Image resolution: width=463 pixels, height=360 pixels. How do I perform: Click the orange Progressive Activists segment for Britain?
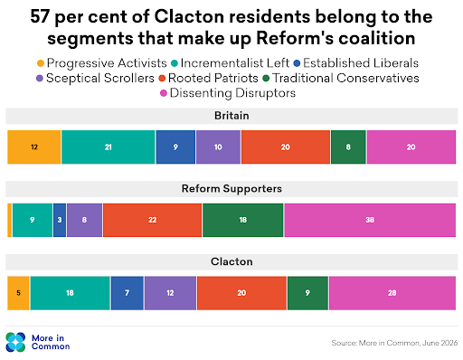point(34,147)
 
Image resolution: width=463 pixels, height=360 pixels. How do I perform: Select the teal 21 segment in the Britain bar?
point(109,147)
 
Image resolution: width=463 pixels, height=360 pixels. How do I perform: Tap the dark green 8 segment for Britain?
point(348,147)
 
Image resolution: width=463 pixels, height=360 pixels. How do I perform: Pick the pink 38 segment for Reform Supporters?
point(370,220)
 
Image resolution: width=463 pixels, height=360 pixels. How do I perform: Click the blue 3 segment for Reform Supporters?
point(60,220)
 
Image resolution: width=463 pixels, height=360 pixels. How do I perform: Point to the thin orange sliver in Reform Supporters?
point(10,220)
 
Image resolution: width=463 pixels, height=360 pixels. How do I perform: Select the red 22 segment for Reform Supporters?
point(152,220)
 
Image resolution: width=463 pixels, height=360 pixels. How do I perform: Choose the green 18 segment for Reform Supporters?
point(243,220)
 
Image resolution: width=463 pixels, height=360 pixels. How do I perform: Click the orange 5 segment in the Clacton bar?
point(18,293)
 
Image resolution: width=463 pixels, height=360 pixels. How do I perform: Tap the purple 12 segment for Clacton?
point(170,293)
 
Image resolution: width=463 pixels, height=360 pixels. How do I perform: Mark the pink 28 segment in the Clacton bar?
point(392,293)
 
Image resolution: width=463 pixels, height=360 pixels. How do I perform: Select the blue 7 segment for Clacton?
point(128,293)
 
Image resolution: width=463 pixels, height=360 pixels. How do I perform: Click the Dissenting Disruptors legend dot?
point(164,93)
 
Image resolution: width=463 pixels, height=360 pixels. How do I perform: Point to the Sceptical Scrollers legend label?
point(100,78)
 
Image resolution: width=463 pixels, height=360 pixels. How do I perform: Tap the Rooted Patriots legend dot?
point(162,79)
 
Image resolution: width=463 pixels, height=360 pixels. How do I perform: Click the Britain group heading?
point(231,116)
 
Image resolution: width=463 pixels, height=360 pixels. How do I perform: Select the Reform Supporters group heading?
point(231,189)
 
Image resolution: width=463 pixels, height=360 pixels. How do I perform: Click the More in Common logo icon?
point(15,342)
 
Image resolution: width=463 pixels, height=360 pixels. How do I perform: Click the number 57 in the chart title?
point(40,16)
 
